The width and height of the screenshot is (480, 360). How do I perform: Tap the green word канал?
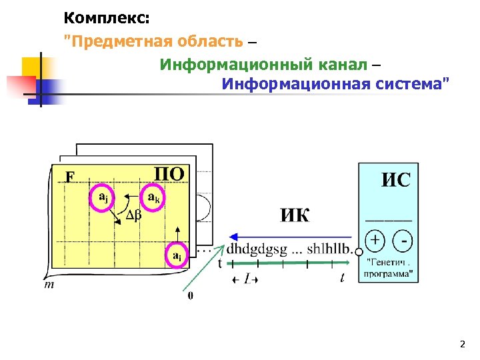(344, 64)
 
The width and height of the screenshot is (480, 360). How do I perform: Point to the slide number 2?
(462, 345)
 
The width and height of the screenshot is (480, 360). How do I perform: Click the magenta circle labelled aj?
(103, 198)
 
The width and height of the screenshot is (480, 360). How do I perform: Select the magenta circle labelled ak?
(153, 198)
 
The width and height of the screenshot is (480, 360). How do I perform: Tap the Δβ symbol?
(134, 215)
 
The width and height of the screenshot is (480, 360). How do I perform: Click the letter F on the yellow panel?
(69, 177)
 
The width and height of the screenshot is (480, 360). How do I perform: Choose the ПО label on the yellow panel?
(169, 175)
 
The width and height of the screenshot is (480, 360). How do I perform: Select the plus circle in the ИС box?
(376, 239)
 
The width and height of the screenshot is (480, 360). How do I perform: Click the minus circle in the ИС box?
(403, 239)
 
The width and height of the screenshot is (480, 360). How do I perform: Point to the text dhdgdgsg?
(257, 249)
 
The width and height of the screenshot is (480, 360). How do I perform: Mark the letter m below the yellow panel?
(49, 285)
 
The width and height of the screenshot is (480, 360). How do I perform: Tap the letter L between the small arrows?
(247, 278)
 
